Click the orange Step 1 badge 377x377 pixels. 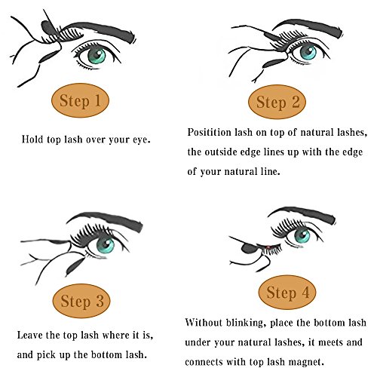point(80,100)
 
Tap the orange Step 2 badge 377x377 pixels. point(277,102)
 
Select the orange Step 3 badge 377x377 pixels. point(81,301)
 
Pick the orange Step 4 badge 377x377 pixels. point(287,293)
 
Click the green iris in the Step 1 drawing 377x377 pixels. point(97,56)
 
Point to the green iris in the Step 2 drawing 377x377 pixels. point(308,52)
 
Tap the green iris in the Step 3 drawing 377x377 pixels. point(106,244)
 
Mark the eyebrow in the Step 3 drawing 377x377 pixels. point(106,221)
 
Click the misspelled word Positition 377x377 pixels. point(209,133)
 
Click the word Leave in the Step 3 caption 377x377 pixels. point(29,335)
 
